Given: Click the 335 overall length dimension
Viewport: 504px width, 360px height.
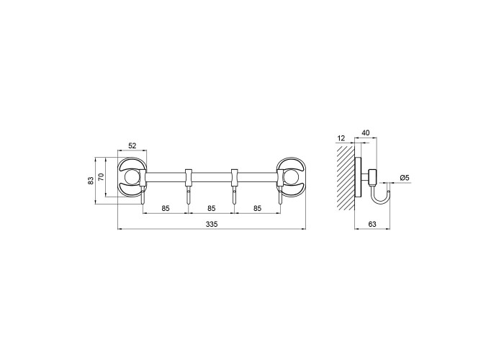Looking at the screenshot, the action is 212,224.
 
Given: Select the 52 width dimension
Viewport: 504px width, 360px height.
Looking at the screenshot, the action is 132,145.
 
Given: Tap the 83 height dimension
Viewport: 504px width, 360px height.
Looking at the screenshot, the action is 91,181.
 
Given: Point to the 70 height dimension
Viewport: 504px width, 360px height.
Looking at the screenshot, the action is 101,177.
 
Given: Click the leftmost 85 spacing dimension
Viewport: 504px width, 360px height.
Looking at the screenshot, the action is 165,208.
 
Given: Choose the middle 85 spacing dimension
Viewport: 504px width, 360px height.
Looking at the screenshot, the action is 211,208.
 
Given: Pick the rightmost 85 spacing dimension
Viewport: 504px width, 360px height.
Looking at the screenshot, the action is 257,208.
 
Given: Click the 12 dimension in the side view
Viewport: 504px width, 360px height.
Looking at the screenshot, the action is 341,138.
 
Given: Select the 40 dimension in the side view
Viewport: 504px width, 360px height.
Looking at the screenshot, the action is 366,132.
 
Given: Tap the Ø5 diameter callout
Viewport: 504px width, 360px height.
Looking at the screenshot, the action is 405,177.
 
